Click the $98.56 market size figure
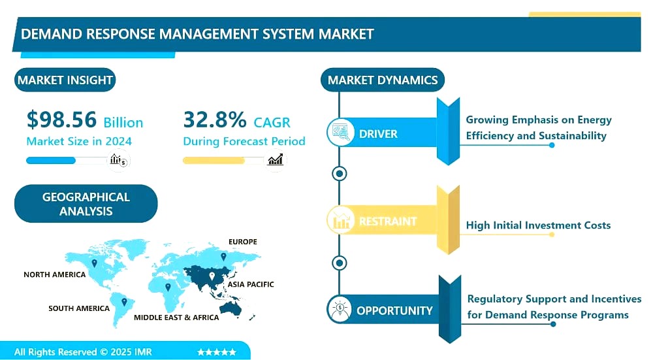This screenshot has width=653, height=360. [x=61, y=120]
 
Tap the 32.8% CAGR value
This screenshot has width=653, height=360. [x=215, y=120]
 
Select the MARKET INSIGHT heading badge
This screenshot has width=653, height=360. [x=65, y=80]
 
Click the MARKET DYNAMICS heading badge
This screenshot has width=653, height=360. [x=383, y=80]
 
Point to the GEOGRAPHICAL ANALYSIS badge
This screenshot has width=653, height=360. [x=86, y=204]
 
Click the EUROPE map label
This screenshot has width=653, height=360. [x=243, y=242]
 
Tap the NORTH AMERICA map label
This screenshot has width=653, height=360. [x=55, y=274]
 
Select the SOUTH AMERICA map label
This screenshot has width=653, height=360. [x=79, y=308]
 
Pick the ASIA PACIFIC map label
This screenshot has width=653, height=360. [x=251, y=285]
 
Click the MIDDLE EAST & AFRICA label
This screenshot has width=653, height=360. [x=176, y=318]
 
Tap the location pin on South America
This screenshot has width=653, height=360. [x=123, y=302]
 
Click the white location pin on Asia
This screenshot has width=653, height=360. [x=212, y=276]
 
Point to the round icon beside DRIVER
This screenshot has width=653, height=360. [x=340, y=133]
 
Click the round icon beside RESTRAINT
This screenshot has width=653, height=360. [x=340, y=220]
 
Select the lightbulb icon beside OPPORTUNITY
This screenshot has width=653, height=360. [x=340, y=310]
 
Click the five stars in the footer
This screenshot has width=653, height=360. [x=217, y=352]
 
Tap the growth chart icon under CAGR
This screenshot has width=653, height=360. [x=276, y=159]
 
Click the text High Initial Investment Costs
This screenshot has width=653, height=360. [x=538, y=225]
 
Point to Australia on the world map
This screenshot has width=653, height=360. [x=231, y=308]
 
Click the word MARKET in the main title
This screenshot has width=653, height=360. [x=347, y=34]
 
